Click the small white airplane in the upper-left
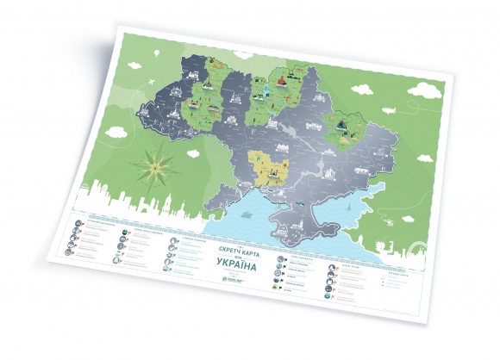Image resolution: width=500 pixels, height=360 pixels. tap(153, 78)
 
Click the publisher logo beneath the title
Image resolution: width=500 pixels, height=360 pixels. tap(233, 278)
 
